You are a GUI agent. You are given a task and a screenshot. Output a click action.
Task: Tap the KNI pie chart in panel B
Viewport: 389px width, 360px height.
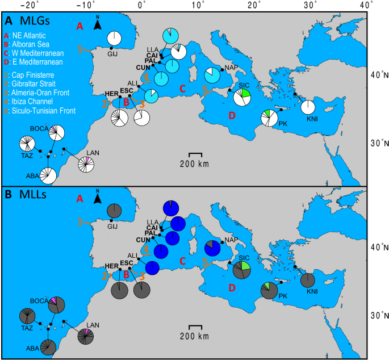[308, 280]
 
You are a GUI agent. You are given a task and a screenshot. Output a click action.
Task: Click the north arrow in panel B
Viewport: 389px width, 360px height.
[97, 198]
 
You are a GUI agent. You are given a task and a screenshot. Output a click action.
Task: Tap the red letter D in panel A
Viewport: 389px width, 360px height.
[231, 116]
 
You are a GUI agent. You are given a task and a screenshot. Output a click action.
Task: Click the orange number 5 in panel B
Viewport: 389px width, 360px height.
[204, 262]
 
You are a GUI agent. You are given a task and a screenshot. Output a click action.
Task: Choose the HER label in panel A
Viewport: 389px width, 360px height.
[111, 94]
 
